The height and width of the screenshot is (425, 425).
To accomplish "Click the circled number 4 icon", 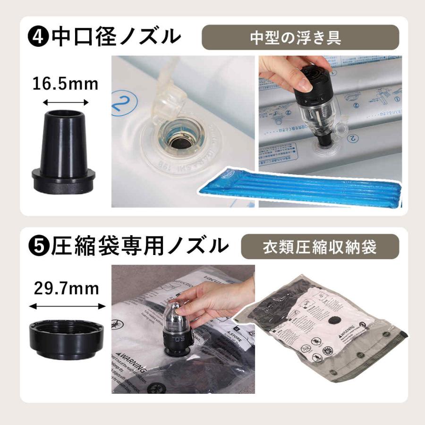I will (x=39, y=37).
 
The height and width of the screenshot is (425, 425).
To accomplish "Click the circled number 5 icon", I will (x=39, y=246).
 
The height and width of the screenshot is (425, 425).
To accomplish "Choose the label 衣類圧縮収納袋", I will (x=320, y=246).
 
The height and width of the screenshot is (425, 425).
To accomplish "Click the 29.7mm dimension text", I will (x=66, y=288).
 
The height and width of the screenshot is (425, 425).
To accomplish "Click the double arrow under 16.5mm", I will (x=65, y=102).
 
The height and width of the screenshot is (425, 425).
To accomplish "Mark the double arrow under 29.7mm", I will (x=67, y=306).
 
